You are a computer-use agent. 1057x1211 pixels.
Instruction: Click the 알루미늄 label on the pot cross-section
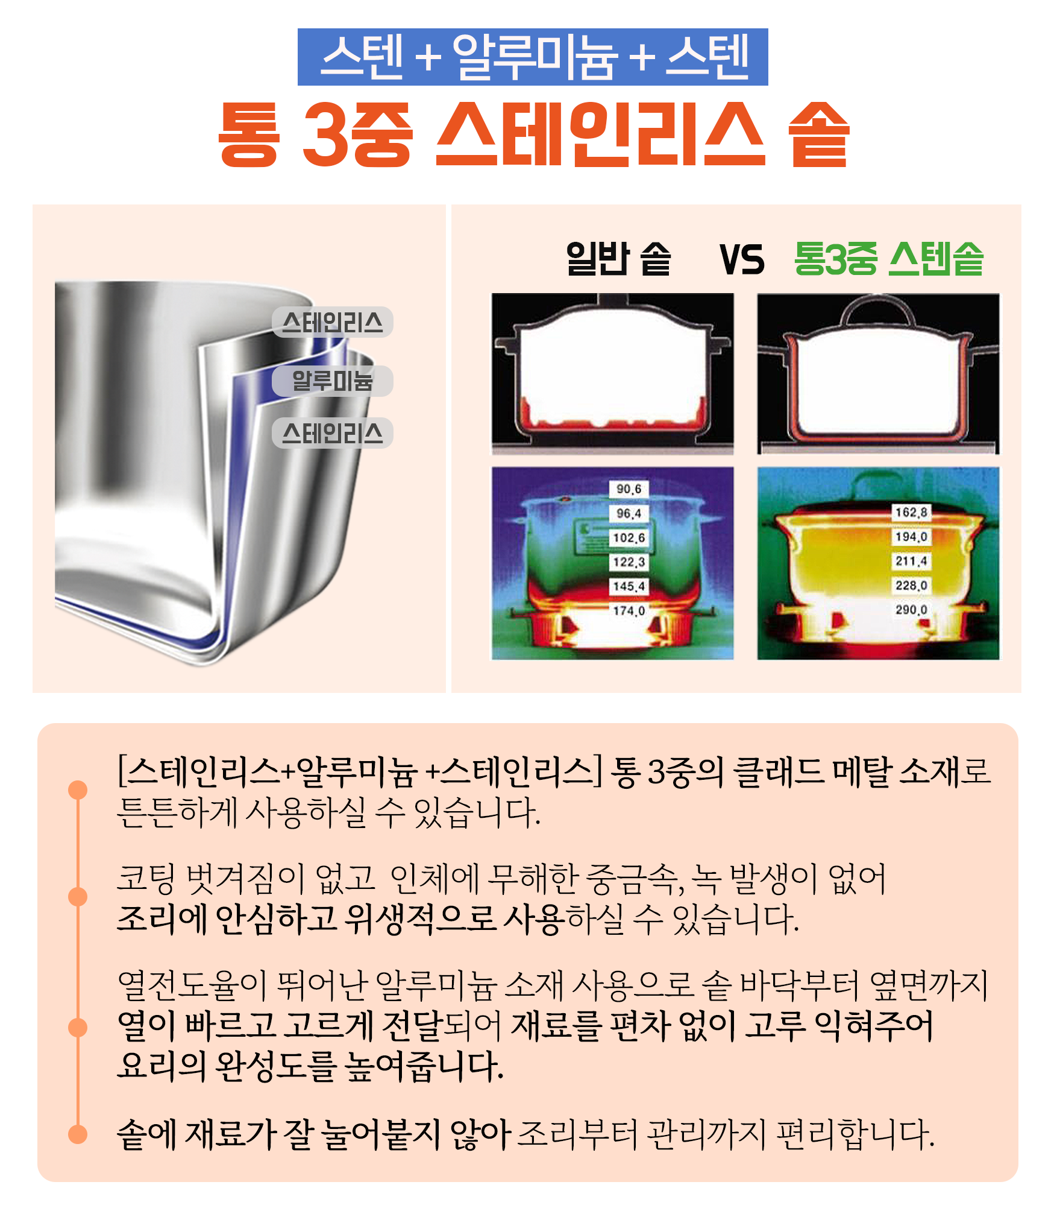pyautogui.click(x=332, y=381)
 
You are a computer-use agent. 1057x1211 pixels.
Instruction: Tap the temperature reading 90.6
pyautogui.click(x=629, y=489)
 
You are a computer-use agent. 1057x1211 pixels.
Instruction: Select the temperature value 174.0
pyautogui.click(x=629, y=611)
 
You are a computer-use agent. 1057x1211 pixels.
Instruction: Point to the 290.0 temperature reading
pyautogui.click(x=911, y=610)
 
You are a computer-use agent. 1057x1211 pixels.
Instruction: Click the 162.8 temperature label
pyautogui.click(x=911, y=513)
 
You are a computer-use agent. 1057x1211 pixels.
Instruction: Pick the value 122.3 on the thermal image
pyautogui.click(x=629, y=562)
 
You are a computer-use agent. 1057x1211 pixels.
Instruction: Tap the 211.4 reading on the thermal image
pyautogui.click(x=911, y=561)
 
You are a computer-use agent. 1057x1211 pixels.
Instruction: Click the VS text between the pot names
pyautogui.click(x=742, y=260)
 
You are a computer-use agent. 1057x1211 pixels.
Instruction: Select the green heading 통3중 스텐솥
pyautogui.click(x=889, y=259)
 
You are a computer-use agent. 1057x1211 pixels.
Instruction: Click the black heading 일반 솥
pyautogui.click(x=618, y=259)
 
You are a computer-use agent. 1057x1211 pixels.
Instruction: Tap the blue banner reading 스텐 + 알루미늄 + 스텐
pyautogui.click(x=533, y=57)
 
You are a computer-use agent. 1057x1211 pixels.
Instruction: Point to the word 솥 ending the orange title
pyautogui.click(x=819, y=134)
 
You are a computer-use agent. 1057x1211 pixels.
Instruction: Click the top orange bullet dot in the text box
pyautogui.click(x=78, y=790)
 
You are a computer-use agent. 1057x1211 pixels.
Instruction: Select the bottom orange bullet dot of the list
pyautogui.click(x=78, y=1134)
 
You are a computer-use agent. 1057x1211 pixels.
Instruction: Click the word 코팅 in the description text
pyautogui.click(x=145, y=878)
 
